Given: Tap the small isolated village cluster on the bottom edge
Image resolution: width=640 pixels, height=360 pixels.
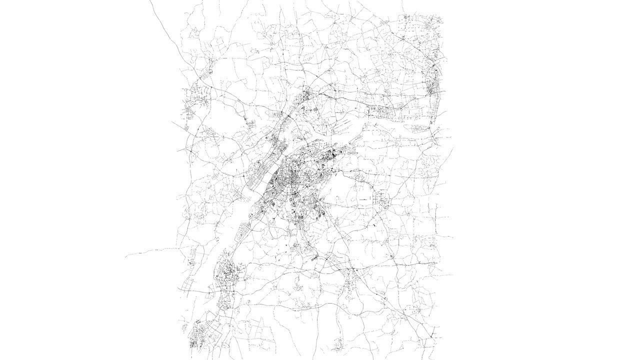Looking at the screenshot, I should [339, 344].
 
